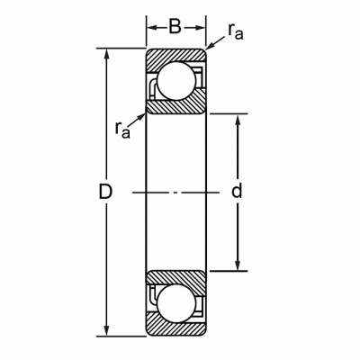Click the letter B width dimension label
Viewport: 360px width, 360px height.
175,27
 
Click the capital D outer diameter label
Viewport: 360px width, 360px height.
105,192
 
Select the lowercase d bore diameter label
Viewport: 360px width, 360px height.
237,191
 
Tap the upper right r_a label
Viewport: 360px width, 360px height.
235,31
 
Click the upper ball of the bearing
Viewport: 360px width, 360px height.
176,81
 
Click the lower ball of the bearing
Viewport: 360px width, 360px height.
176,303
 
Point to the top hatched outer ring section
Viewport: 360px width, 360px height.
176,57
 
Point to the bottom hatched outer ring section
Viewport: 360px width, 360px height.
176,325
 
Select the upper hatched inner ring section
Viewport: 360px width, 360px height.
177,105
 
